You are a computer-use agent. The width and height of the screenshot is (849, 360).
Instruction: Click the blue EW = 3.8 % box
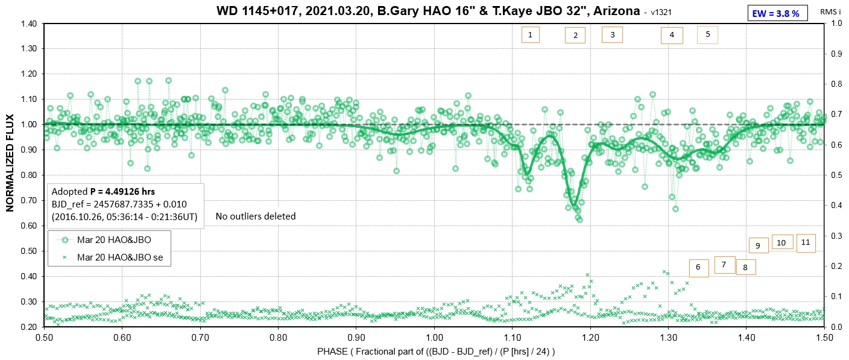point(777,13)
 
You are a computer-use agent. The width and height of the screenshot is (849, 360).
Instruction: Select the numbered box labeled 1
point(529,35)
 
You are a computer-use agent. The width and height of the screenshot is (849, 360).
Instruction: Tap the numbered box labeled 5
point(707,34)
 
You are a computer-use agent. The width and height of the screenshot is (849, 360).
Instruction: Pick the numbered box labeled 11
point(806,242)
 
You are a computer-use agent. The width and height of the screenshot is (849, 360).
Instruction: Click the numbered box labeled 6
point(698,267)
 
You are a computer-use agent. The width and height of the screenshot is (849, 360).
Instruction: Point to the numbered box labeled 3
point(612,35)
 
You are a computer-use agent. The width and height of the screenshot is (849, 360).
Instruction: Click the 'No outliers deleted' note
point(256,216)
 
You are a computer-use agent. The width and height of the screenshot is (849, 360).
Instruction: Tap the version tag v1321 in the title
point(662,13)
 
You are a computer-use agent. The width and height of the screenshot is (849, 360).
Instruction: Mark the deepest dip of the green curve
point(575,205)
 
